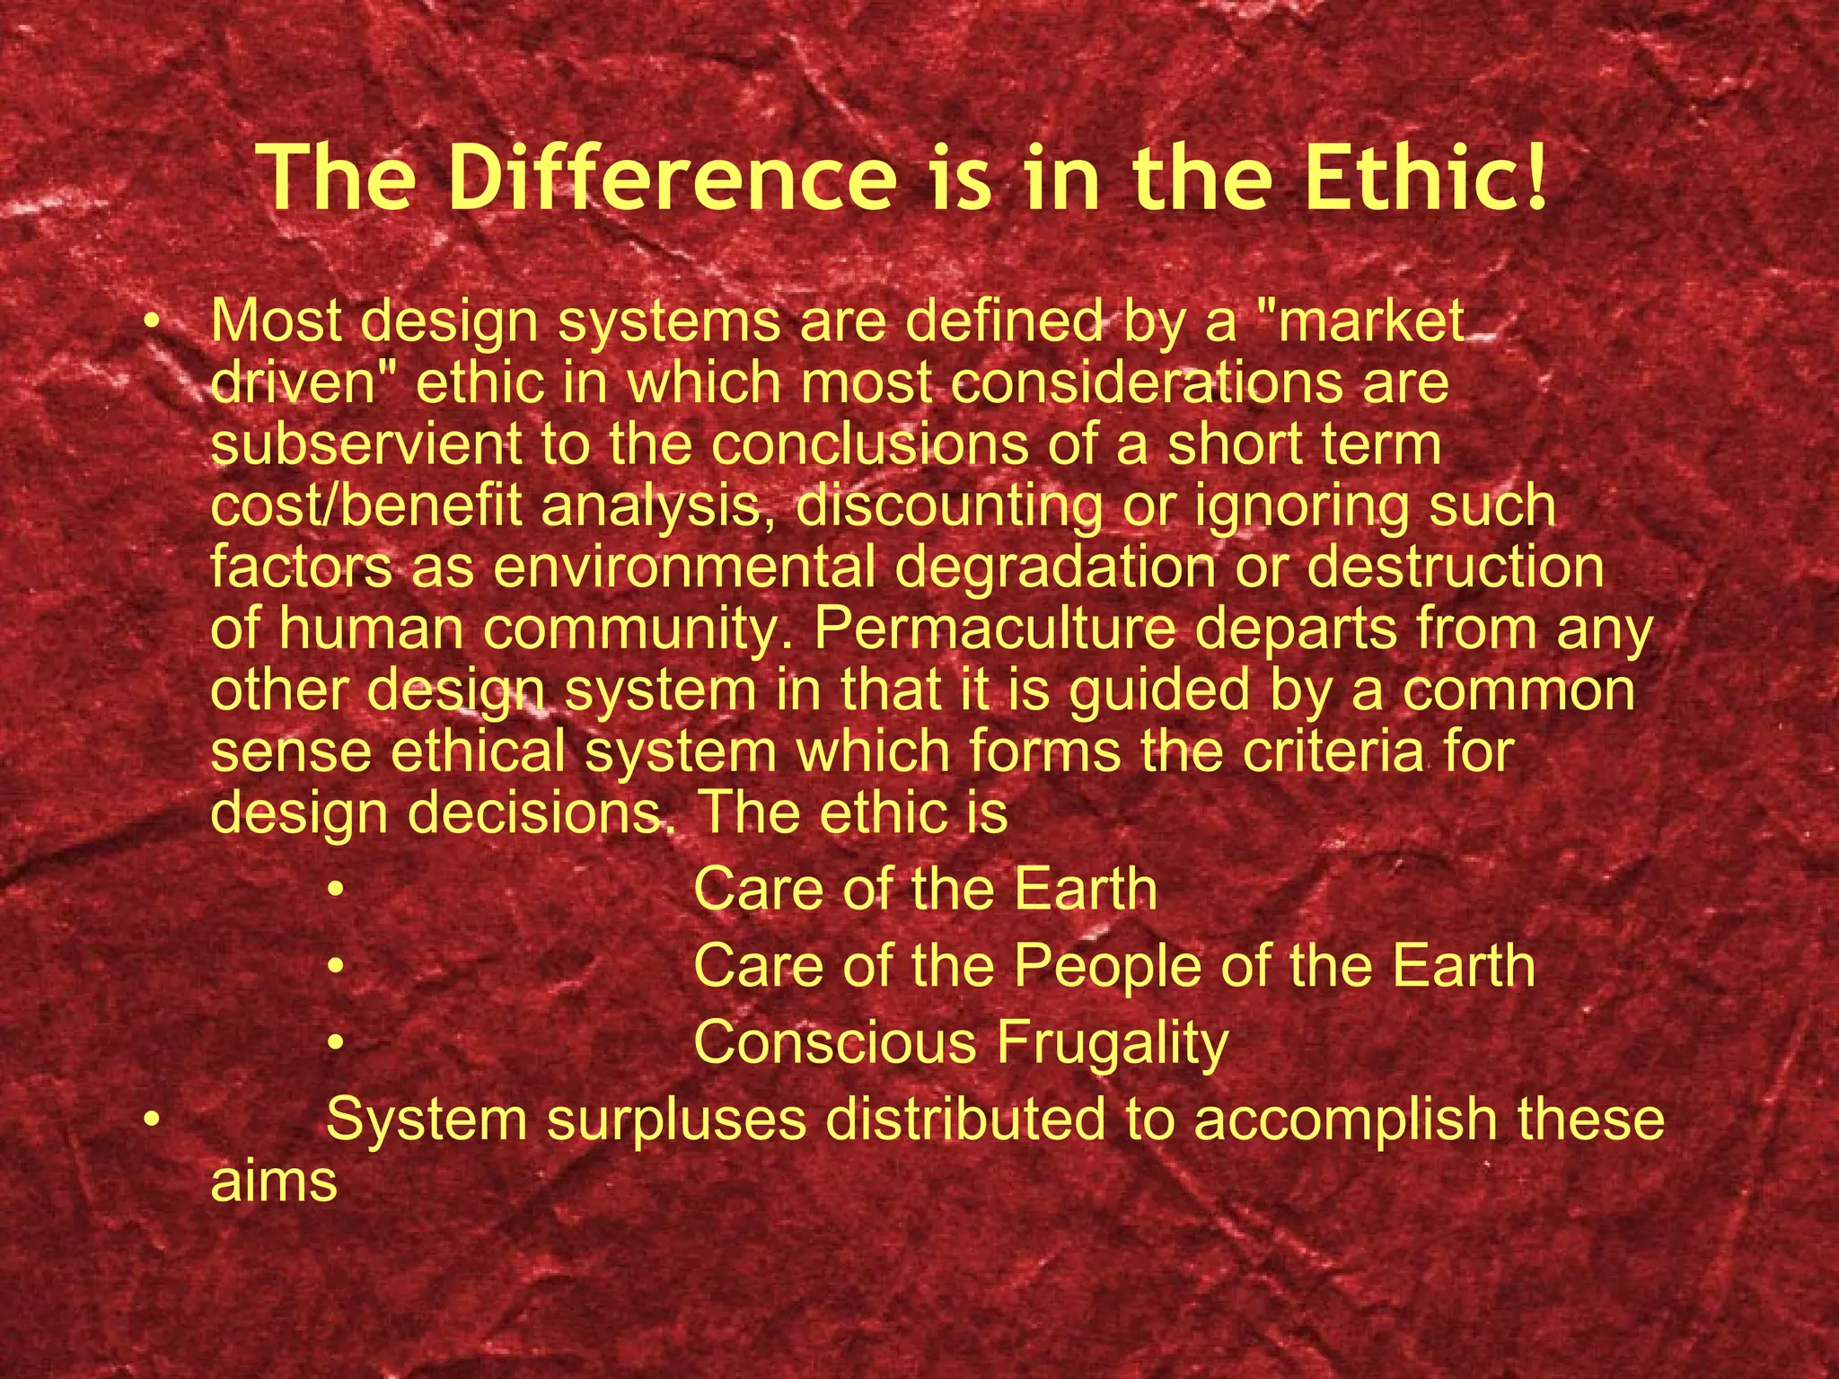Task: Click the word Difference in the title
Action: (672, 177)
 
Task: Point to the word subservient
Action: (365, 444)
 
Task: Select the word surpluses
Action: (677, 1121)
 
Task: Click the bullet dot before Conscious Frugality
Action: (336, 1044)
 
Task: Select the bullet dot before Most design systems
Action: (154, 322)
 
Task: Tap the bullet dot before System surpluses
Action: (154, 1121)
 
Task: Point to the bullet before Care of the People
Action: (336, 967)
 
